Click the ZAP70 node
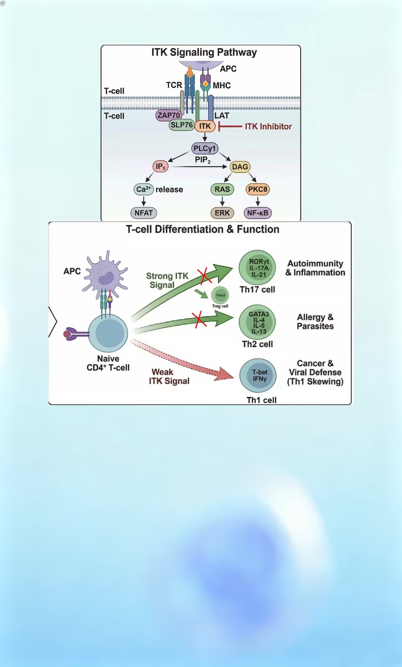(x=169, y=115)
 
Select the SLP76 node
(x=181, y=125)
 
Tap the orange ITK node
(x=205, y=126)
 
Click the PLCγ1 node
(x=204, y=148)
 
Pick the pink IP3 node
(x=160, y=166)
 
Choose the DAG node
(x=240, y=167)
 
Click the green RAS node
(x=222, y=189)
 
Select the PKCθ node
(x=258, y=189)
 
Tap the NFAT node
(x=144, y=213)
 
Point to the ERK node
(x=222, y=213)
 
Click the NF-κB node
(x=258, y=213)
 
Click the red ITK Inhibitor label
(x=268, y=126)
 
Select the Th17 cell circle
(x=257, y=267)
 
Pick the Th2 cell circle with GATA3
(x=257, y=322)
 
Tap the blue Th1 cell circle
(x=258, y=375)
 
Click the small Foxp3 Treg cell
(x=220, y=295)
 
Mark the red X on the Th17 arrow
(x=204, y=275)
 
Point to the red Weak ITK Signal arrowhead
(x=224, y=374)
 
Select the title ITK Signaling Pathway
(x=204, y=52)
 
